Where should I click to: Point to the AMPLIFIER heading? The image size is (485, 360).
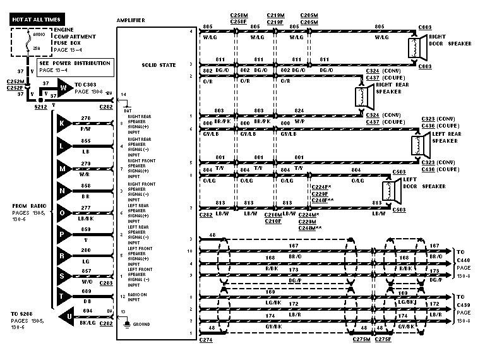(131, 21)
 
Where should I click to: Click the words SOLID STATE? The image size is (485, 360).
(156, 64)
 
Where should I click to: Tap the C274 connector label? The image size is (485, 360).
(206, 340)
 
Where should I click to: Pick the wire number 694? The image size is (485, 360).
(87, 311)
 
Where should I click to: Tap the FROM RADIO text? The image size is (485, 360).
(27, 206)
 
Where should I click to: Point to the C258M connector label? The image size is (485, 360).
(238, 15)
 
